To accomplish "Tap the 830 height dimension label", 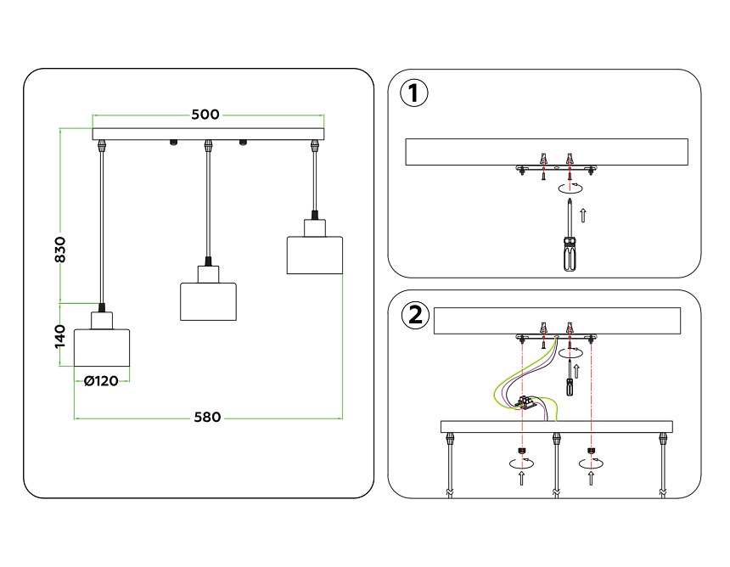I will [60, 249].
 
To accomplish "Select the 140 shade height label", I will [60, 335].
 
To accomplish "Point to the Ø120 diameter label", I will [101, 381].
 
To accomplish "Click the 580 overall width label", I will [207, 417].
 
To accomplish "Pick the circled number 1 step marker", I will [413, 93].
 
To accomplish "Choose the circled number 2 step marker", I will [414, 316].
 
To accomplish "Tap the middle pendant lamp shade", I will [208, 300].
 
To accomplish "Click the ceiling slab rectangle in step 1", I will [547, 151].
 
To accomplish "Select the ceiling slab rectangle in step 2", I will [557, 321].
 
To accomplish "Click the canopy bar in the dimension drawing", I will [208, 134].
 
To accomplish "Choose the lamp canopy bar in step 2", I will [556, 426].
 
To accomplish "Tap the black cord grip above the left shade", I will [102, 307].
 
